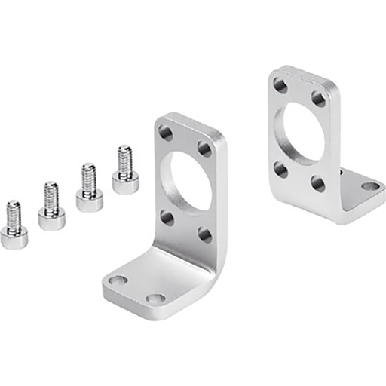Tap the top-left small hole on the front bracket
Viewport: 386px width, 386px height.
166,133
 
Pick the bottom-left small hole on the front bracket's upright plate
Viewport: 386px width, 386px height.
167,219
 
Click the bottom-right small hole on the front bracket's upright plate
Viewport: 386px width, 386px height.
205,234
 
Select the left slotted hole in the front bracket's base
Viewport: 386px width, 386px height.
117,281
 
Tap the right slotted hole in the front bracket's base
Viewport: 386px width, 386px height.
155,299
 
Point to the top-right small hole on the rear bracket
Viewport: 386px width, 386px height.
319,98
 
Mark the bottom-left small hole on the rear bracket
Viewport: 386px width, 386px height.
280,169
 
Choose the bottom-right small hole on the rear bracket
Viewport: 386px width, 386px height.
319,184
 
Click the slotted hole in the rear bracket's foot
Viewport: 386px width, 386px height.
370,185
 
